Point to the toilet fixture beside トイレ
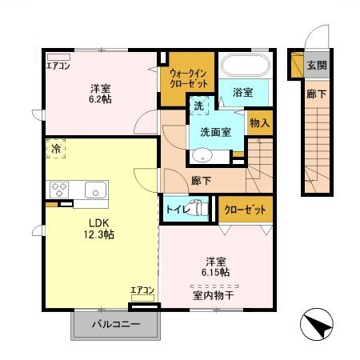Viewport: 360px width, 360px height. tap(200, 210)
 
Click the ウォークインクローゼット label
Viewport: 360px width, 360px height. tap(188, 79)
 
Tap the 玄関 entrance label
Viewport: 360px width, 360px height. tap(316, 65)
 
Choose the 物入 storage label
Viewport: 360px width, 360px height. tap(258, 122)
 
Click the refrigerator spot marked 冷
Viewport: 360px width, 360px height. tap(56, 149)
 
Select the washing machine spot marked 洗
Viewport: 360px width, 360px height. tap(197, 104)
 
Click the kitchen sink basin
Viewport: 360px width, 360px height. tap(96, 190)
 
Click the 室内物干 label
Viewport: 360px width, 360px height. tap(214, 295)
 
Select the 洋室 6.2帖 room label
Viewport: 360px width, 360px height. tap(101, 95)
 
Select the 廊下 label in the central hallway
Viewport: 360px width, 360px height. tap(202, 181)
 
